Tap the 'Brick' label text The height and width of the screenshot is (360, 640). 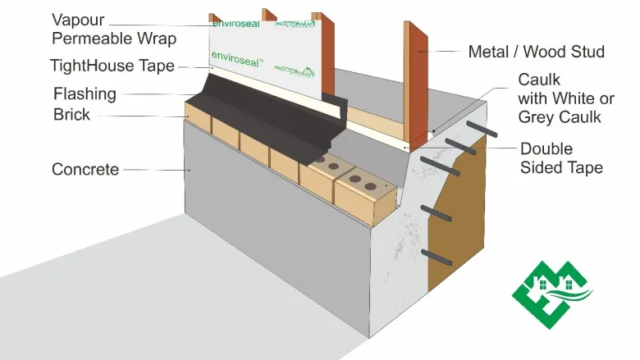pos(71,115)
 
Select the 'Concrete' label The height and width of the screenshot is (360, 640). pos(85,170)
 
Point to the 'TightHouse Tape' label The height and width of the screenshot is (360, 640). pos(112,66)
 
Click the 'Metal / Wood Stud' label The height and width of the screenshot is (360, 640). pos(536,52)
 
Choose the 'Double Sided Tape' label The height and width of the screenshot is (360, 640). pos(561,159)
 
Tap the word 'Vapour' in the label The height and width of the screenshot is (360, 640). pos(77,19)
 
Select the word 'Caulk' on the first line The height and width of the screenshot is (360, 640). pos(538,80)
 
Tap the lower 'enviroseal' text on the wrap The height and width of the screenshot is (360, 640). pos(233,57)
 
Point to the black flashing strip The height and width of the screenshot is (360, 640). pos(271,115)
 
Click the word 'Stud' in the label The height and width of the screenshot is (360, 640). pos(587,52)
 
